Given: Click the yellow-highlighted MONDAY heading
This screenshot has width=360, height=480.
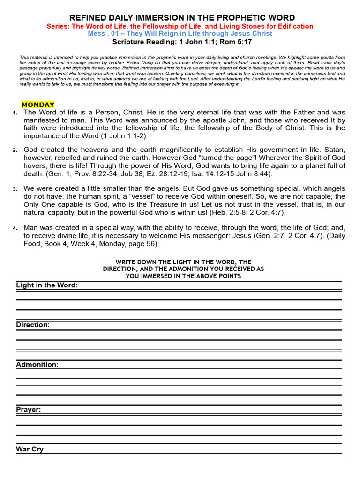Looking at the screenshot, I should point(38,105).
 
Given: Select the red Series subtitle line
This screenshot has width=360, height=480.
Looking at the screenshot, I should point(180,26).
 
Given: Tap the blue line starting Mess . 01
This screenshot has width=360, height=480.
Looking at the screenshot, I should point(180,34).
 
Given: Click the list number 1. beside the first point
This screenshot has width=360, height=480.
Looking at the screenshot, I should point(15,113).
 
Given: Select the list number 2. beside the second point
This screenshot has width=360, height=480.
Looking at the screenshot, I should point(15,150).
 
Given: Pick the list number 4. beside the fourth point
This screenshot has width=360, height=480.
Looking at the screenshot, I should point(15,228).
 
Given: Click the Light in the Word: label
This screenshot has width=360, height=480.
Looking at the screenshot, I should point(47,285).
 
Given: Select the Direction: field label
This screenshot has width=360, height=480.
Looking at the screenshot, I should point(33,325).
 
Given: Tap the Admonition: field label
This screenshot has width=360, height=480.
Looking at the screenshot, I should point(37,364).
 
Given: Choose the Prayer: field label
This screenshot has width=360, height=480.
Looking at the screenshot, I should point(29,409).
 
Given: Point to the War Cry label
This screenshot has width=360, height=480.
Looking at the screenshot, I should point(30,449).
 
